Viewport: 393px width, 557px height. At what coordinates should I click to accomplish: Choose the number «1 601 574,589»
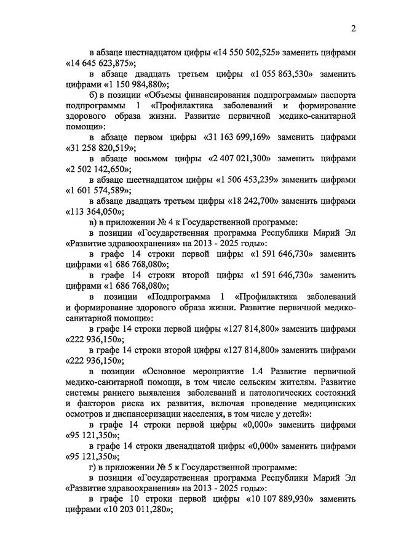point(98,190)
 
